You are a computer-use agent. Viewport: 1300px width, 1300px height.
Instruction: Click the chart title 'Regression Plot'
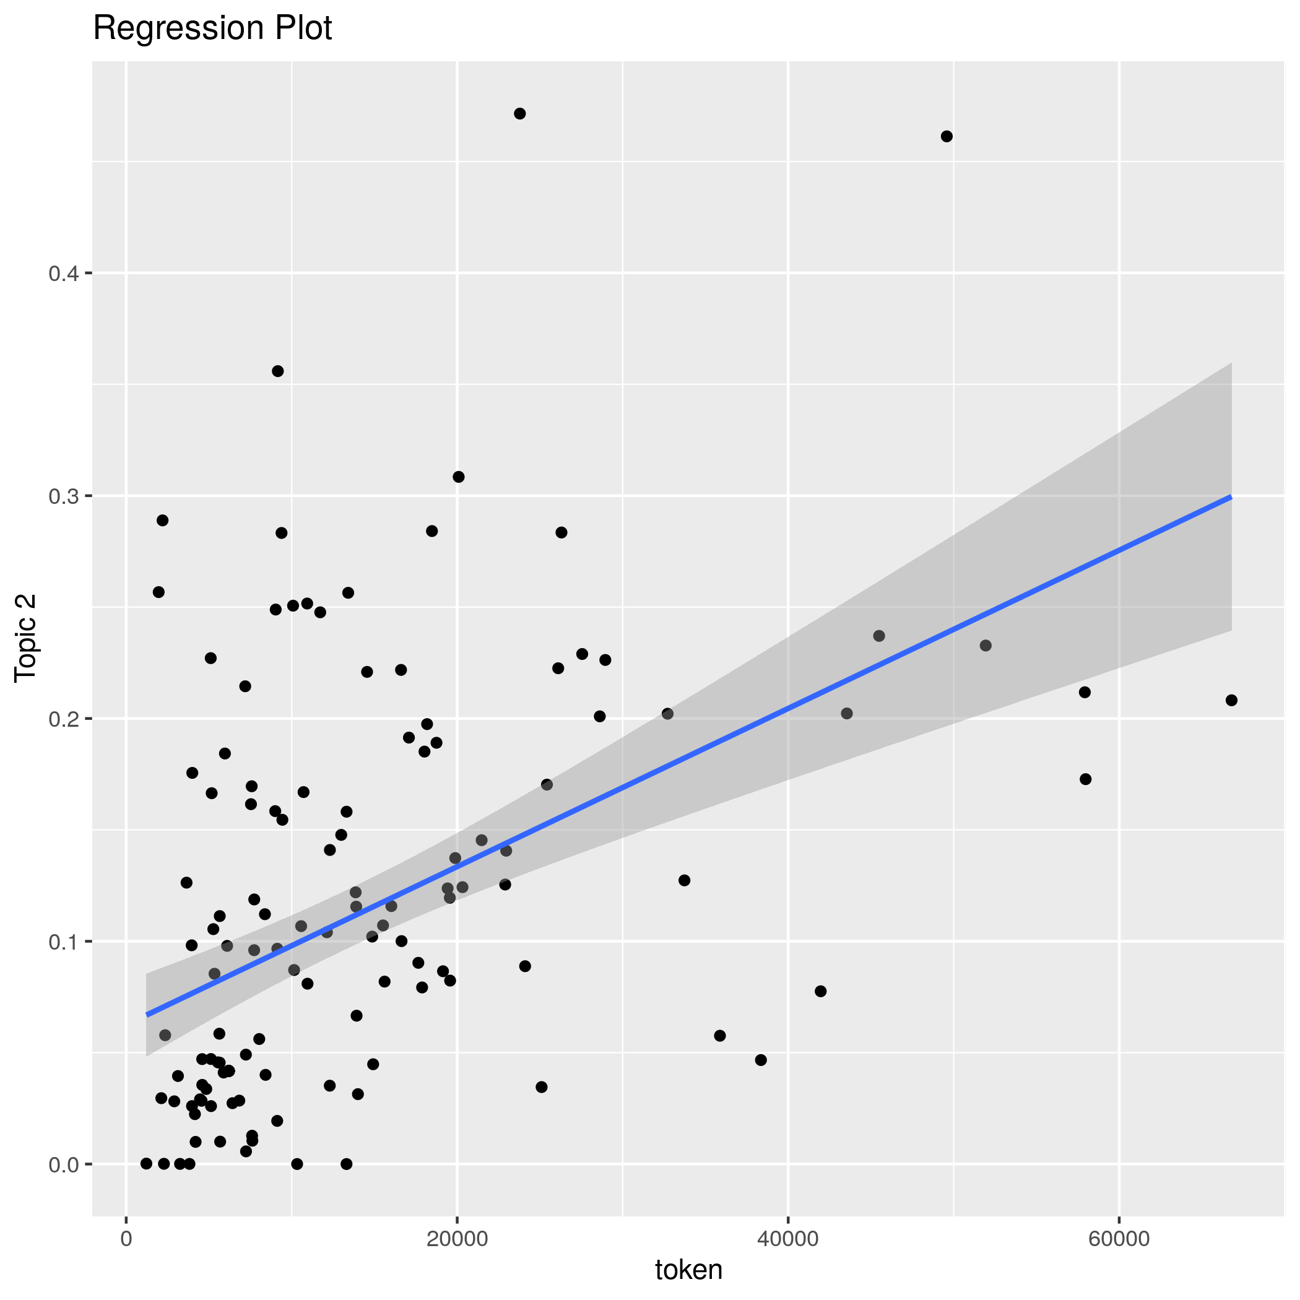(x=212, y=28)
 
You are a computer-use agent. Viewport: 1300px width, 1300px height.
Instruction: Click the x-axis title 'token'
(x=688, y=1269)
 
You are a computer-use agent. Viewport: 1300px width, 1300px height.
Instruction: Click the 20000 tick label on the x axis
(x=457, y=1239)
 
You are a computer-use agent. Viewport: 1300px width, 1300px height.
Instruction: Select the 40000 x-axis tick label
(x=788, y=1239)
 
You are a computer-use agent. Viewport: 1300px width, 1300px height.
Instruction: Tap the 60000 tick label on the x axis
(x=1119, y=1239)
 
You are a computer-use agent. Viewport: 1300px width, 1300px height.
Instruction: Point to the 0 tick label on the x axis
(x=126, y=1239)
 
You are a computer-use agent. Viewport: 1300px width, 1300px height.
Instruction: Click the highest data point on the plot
(x=519, y=114)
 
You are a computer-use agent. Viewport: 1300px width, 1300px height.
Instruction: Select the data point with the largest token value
(x=1231, y=701)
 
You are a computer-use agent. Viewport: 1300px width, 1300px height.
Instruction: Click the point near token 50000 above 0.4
(x=947, y=137)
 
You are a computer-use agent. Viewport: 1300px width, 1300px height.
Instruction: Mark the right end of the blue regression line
(x=1231, y=497)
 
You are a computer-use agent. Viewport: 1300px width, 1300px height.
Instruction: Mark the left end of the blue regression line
(x=147, y=1015)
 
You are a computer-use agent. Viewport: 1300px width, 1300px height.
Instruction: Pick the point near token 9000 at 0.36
(x=277, y=371)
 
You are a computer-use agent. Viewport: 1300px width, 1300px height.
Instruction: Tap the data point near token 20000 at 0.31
(x=458, y=477)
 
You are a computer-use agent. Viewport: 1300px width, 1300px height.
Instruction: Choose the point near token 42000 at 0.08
(x=820, y=991)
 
